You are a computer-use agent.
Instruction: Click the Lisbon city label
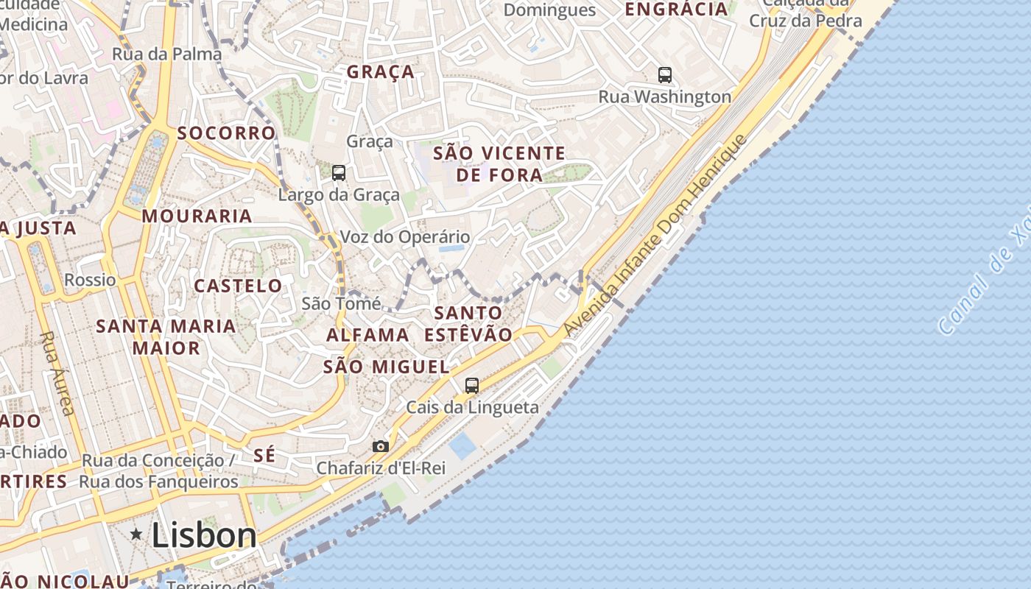tap(204, 535)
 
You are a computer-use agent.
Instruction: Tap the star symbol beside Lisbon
tap(136, 535)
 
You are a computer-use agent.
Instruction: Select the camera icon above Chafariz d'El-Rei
tap(381, 446)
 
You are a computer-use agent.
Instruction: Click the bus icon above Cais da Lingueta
tap(472, 385)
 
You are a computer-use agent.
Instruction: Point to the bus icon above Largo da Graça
tap(339, 173)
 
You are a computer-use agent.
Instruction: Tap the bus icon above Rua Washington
tap(665, 74)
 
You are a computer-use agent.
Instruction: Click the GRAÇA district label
tap(381, 72)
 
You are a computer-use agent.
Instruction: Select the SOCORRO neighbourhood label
tap(226, 133)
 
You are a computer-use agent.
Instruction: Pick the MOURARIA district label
tap(197, 216)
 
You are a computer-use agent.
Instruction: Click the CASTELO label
tap(238, 286)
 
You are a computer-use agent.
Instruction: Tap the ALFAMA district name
tap(367, 335)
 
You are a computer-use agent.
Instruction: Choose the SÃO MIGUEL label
tap(387, 367)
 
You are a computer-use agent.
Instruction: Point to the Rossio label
tap(90, 280)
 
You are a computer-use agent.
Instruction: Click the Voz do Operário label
tap(404, 237)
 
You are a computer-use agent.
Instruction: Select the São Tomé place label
tap(342, 303)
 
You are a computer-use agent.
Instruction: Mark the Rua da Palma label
tap(166, 54)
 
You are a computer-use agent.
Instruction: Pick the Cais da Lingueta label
tap(472, 407)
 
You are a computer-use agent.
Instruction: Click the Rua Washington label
tap(664, 96)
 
